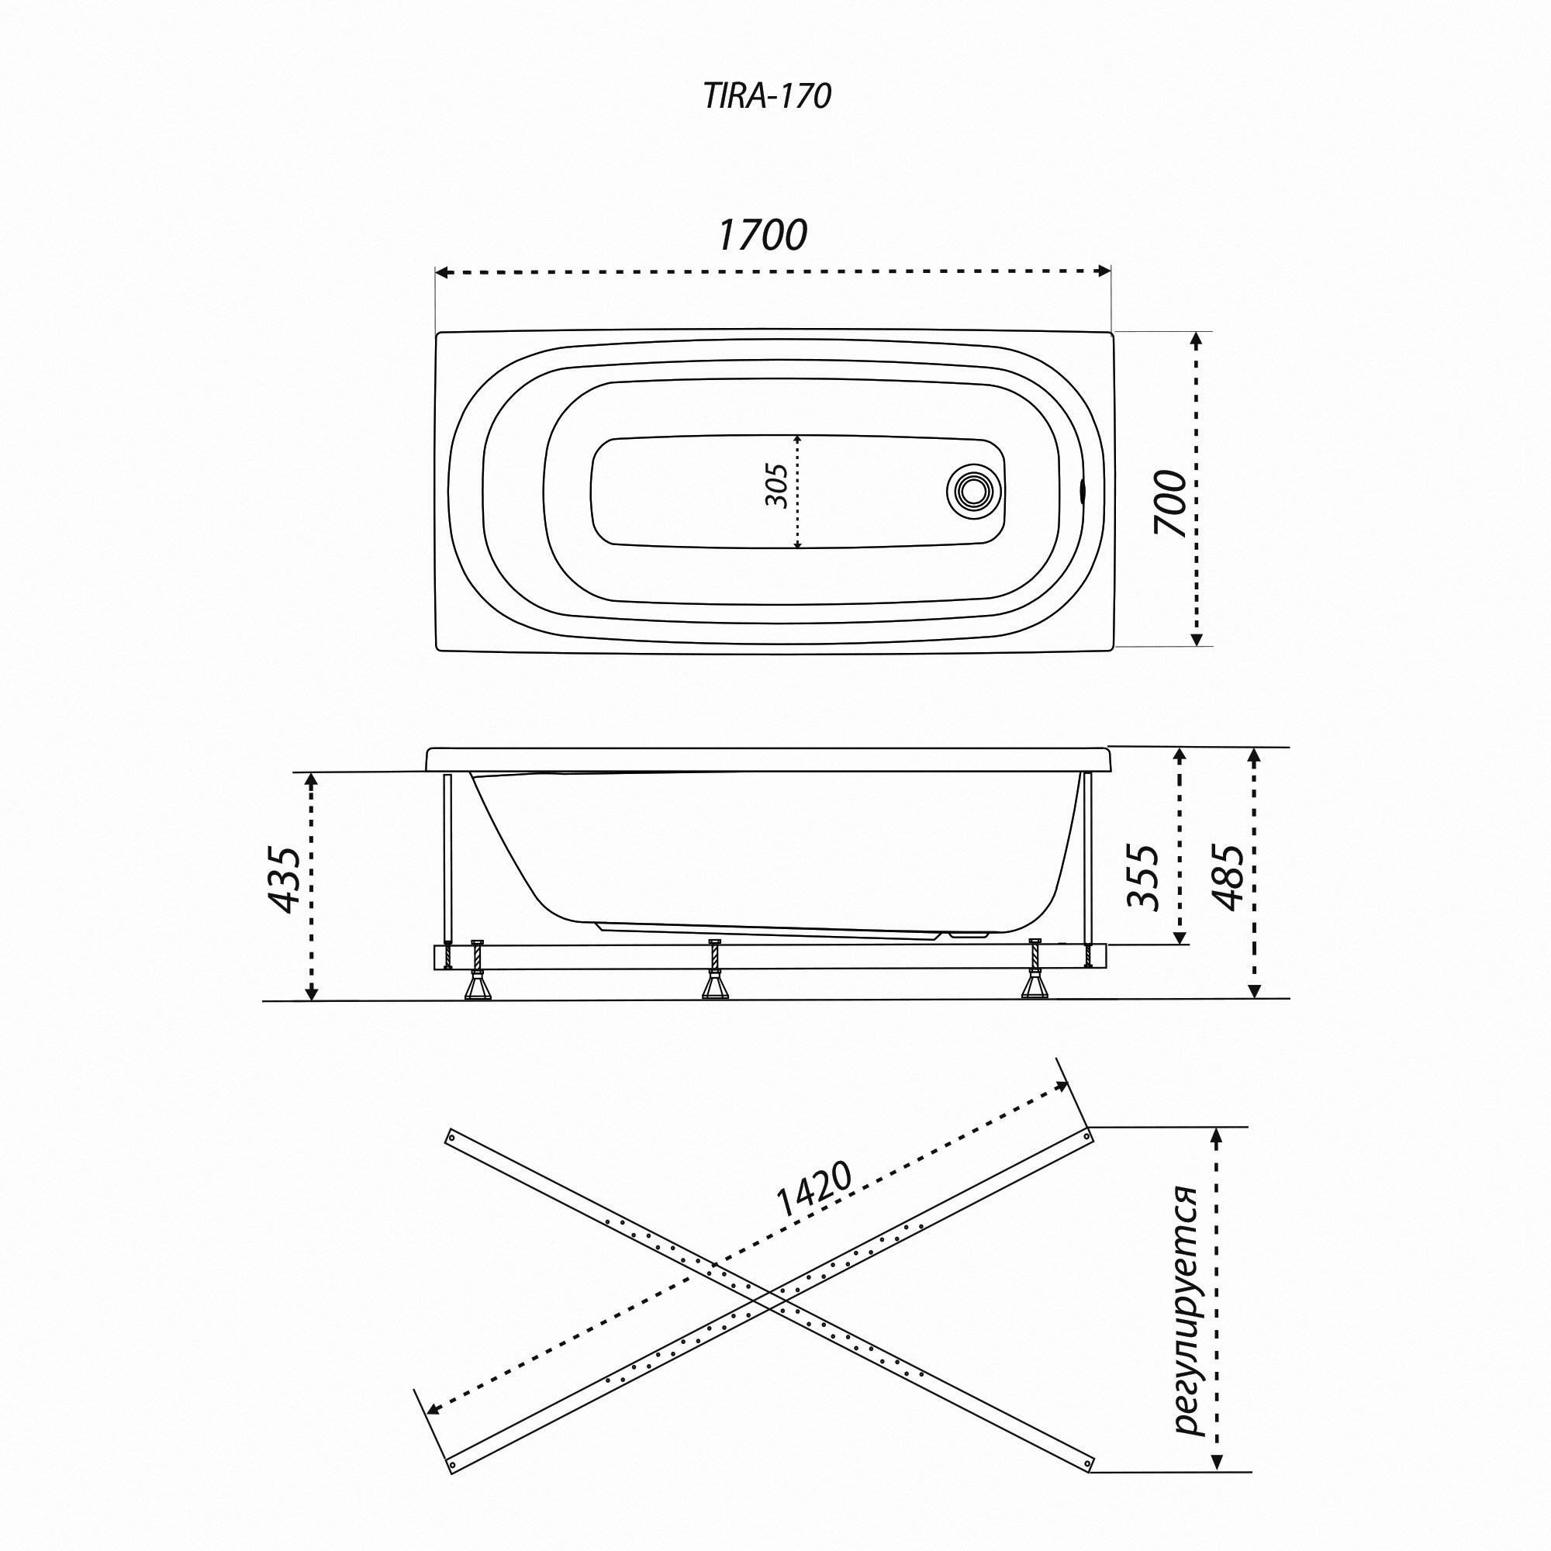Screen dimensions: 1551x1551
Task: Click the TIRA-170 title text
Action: (767, 96)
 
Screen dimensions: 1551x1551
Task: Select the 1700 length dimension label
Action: (762, 235)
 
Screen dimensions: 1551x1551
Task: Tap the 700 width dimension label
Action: (1169, 503)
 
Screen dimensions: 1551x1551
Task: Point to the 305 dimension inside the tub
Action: (776, 485)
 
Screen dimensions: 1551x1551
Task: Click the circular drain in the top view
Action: (973, 492)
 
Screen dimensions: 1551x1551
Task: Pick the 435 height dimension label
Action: (283, 879)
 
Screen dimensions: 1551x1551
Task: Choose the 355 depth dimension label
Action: (1143, 876)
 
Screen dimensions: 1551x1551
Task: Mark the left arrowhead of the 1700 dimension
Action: (440, 272)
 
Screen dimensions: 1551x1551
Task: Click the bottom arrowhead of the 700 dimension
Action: (1196, 640)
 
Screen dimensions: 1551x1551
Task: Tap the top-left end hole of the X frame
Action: (451, 1137)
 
